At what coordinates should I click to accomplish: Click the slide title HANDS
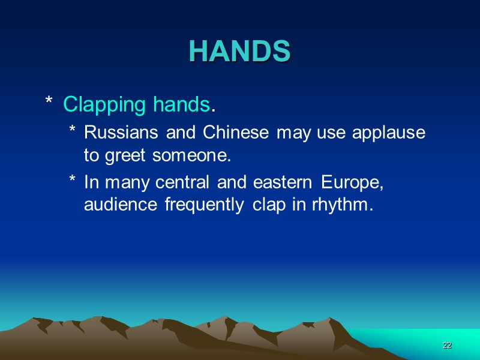[x=240, y=52]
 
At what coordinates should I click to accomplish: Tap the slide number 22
[x=446, y=346]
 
